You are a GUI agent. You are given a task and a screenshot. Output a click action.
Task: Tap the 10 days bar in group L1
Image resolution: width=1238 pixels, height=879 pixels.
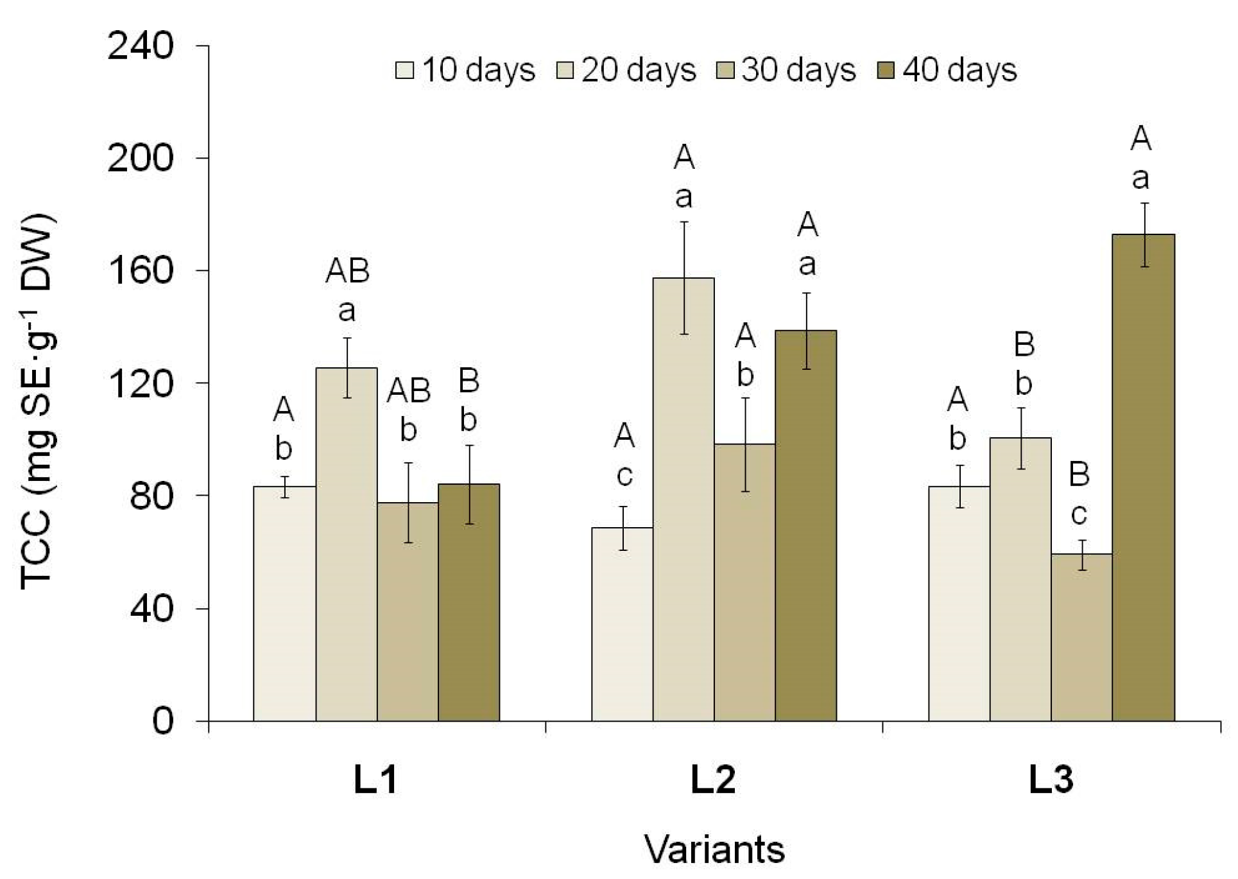point(284,604)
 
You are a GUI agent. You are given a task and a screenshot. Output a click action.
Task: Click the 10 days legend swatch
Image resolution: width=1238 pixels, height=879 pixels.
point(405,70)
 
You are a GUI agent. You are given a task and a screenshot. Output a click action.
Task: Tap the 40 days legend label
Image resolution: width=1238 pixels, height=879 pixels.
point(959,70)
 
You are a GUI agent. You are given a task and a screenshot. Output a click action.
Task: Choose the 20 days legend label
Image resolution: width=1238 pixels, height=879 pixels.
point(639,70)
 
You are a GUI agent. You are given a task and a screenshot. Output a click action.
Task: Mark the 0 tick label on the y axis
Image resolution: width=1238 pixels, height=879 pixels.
point(162,722)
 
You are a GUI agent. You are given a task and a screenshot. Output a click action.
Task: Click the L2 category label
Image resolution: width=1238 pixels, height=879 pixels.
point(712,781)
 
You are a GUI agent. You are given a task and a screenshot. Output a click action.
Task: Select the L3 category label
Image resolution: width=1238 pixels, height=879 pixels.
point(1051,781)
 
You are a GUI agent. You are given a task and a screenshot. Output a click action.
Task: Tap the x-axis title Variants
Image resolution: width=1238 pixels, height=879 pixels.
point(714,850)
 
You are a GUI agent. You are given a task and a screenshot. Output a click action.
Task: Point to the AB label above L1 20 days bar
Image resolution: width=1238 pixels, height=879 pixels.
point(347,272)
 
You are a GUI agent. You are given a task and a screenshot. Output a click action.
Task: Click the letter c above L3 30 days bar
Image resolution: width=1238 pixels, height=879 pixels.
point(1079,514)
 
